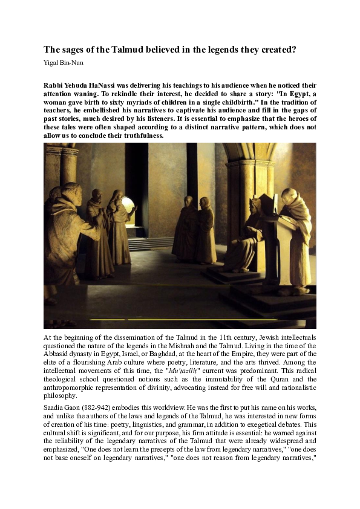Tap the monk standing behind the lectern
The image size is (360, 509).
coord(295,230)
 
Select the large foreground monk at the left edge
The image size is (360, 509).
coord(67,242)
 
